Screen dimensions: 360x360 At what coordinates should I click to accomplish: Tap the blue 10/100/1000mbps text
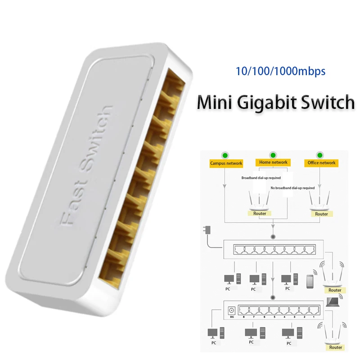point(281,71)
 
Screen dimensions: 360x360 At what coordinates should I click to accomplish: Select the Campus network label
point(226,163)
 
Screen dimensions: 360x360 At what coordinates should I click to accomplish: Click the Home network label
point(273,162)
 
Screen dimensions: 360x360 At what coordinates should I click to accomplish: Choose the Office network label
point(321,162)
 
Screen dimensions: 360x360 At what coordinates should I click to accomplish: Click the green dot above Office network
point(320,155)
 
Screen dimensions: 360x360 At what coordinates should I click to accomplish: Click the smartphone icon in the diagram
point(310,281)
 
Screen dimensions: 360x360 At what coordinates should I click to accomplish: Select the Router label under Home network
point(260,213)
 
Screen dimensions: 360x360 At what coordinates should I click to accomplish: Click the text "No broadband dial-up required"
point(292,188)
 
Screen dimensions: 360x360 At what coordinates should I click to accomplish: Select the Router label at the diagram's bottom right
point(335,347)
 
